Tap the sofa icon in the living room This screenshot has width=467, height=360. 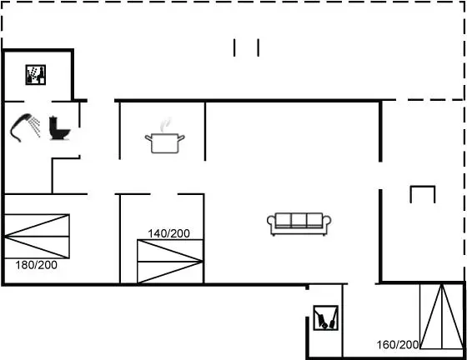tap(299, 224)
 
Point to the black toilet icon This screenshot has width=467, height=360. tap(59, 128)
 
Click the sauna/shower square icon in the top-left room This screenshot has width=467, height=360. tap(35, 75)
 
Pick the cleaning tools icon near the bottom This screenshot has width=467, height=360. tap(326, 317)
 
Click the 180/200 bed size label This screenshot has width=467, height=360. tap(37, 265)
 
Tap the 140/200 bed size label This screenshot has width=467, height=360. tap(168, 233)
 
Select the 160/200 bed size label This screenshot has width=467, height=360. tap(398, 345)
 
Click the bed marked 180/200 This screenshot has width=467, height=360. tap(37, 236)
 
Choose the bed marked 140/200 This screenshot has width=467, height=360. tap(170, 262)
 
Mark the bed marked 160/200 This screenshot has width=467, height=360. tap(442, 317)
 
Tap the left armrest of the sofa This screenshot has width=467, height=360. tap(271, 223)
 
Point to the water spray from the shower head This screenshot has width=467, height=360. tap(36, 127)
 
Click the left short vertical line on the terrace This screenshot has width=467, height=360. tap(234, 47)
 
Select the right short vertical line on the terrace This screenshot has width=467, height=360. tap(259, 47)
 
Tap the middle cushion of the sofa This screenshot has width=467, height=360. tap(299, 220)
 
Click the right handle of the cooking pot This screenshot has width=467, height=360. tap(182, 137)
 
